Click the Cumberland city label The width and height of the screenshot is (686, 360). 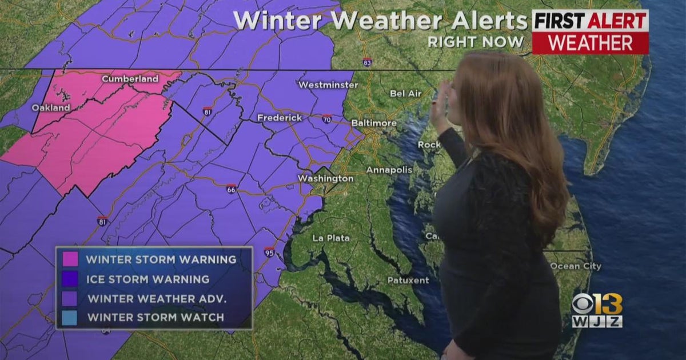tap(130, 79)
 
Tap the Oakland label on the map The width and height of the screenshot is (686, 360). tap(51, 107)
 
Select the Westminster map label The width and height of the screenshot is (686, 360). tap(328, 85)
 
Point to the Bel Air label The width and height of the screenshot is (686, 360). tap(405, 93)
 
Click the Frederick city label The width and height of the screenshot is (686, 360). tap(280, 118)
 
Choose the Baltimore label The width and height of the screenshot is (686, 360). tap(373, 123)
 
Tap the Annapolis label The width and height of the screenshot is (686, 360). tap(389, 170)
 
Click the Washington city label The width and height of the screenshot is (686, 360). tap(325, 179)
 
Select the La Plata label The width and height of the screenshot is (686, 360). tap(331, 238)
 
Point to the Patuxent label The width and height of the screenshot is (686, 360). tap(408, 280)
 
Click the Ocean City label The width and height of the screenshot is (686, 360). tap(575, 266)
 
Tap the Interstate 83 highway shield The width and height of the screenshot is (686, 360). tap(367, 62)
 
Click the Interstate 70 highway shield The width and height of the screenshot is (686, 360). tap(326, 119)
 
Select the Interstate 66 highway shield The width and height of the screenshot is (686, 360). tap(231, 189)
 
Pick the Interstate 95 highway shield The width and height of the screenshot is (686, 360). tap(269, 252)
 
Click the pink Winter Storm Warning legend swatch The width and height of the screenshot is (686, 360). tap(71, 259)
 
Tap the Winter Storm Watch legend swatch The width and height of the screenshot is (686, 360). tap(71, 317)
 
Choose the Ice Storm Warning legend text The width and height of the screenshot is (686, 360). tap(147, 279)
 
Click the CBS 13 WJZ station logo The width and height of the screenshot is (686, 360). tap(597, 310)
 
